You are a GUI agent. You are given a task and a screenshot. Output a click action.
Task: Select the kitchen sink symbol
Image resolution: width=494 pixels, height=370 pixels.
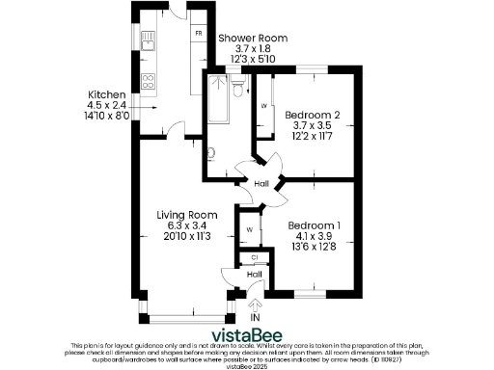coord(150,40)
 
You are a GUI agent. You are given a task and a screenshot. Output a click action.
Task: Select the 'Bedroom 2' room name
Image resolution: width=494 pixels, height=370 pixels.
coord(312,115)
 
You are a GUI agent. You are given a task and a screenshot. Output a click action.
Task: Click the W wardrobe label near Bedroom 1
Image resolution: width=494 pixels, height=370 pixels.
coord(249,229)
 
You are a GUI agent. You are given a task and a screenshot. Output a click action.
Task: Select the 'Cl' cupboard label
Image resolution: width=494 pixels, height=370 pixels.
coord(254,257)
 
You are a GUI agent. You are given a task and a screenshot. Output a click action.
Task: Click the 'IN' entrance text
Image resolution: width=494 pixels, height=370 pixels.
coord(255,317)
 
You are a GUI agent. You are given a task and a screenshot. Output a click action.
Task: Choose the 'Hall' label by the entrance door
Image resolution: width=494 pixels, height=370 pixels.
coord(254,275)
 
